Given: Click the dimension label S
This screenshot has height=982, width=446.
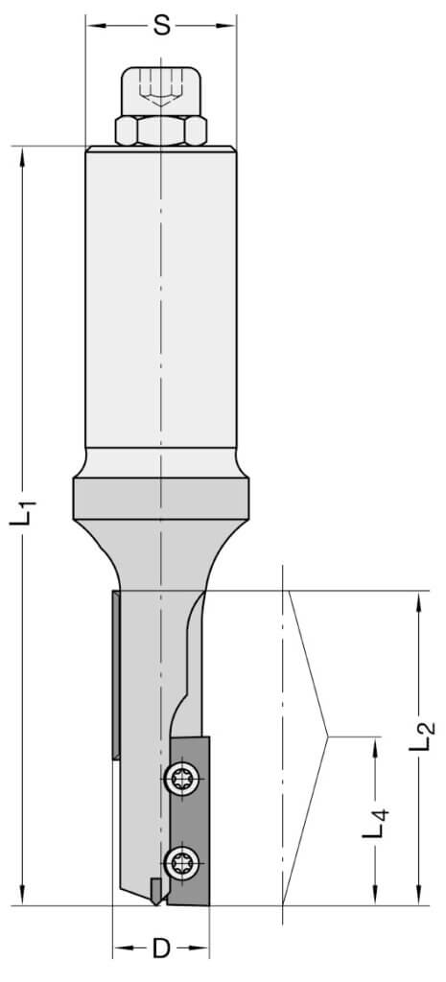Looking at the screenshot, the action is tap(161, 26).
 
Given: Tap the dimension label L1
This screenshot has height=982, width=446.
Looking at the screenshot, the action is tap(23, 512).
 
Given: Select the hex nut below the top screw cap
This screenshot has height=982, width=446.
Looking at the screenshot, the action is tap(161, 130).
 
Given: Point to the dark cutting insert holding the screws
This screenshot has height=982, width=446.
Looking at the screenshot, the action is tap(190, 821).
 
